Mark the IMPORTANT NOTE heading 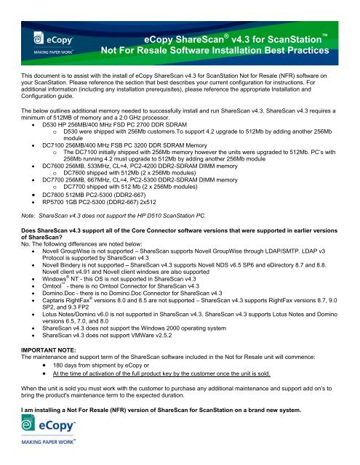pyautogui.click(x=51, y=371)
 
